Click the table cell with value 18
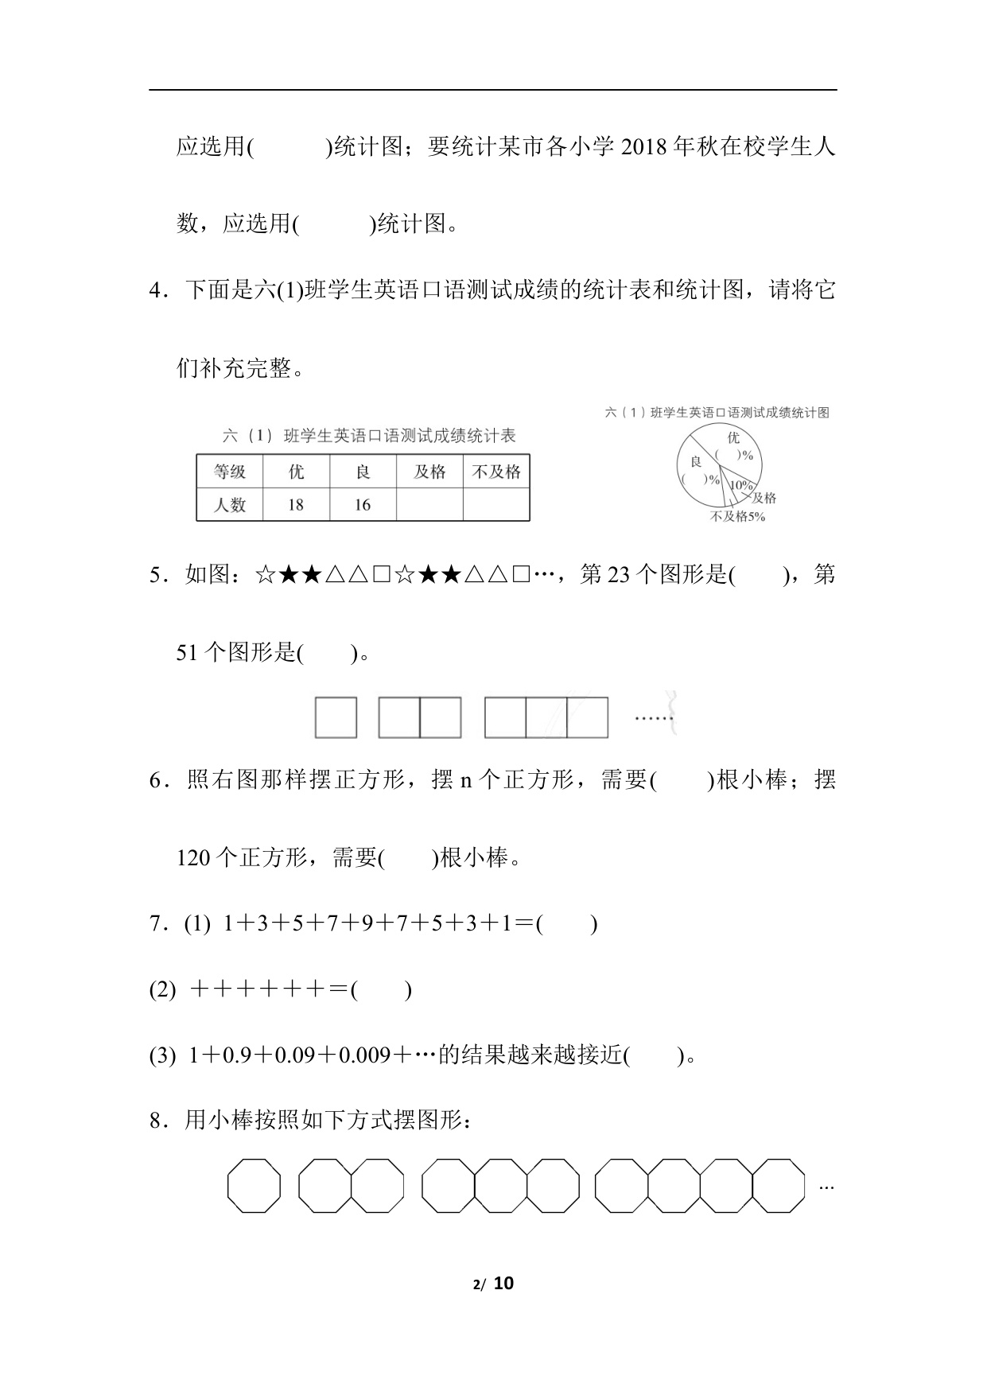[x=296, y=505]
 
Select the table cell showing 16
[x=363, y=505]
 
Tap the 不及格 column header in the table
[x=496, y=472]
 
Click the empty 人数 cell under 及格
[x=429, y=505]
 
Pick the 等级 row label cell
[x=230, y=472]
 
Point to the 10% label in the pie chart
[x=741, y=485]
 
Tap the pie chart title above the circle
[x=717, y=412]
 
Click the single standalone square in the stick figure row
[x=336, y=717]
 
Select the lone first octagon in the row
[x=255, y=1186]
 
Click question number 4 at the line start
[x=156, y=290]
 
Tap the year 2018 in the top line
[x=643, y=147]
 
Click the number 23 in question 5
[x=618, y=574]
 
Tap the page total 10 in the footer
[x=504, y=1283]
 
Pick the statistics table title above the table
[x=369, y=435]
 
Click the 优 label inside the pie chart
[x=732, y=437]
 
